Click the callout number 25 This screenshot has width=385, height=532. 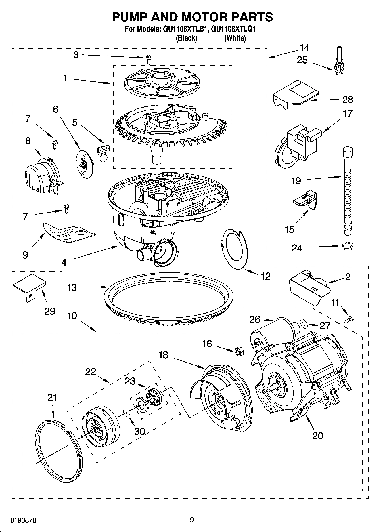302,60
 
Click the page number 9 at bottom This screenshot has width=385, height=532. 192,520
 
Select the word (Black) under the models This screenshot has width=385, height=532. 186,38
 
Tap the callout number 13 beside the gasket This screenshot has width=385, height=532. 72,287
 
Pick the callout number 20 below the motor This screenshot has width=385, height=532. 317,436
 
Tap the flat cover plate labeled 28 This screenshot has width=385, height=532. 296,94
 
